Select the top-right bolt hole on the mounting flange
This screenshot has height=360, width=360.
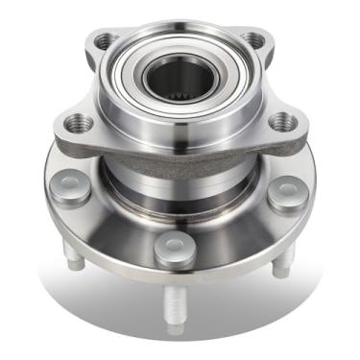[252, 39]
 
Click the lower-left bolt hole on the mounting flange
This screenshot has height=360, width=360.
[80, 122]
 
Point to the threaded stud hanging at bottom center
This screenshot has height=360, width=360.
[176, 307]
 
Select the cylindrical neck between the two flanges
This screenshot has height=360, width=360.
[179, 178]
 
